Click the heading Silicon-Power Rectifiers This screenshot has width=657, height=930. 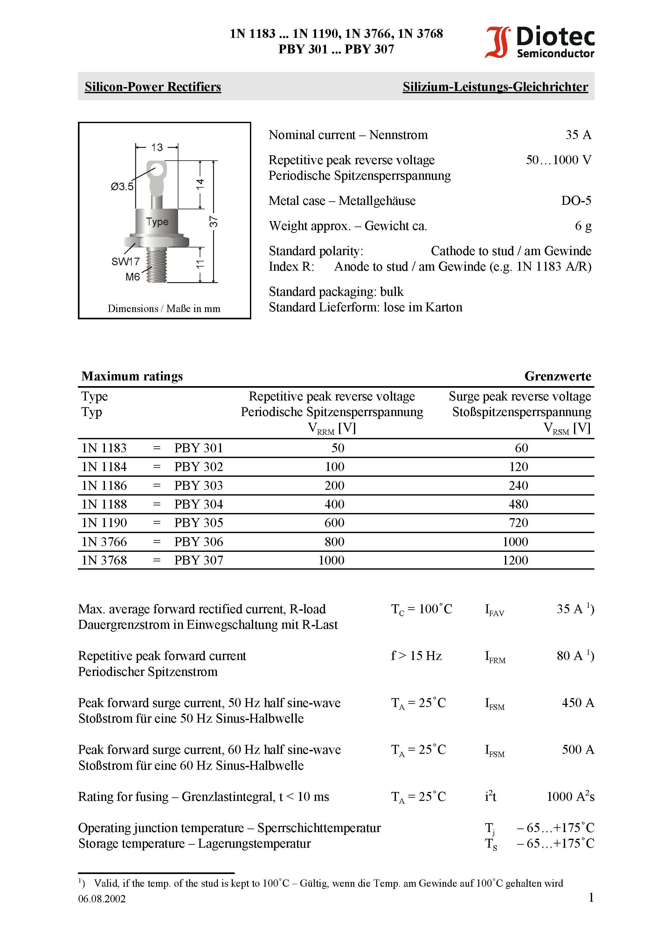pos(153,87)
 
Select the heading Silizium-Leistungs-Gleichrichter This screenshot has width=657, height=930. pos(495,87)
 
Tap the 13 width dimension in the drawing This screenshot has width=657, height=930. pos(157,148)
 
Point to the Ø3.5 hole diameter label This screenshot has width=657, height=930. pos(122,187)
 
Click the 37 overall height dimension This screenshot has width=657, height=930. pos(213,222)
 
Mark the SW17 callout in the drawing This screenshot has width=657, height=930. pos(126,262)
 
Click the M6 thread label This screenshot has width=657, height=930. pos(133,277)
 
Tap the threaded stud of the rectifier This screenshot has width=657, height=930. pos(157,265)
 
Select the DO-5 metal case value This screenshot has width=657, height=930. pos(576,200)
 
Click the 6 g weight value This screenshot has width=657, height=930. pos(583,226)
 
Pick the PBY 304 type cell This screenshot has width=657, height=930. pos(198,504)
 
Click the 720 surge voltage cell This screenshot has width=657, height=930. pos(518,523)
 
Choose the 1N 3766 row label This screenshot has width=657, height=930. pos(104,542)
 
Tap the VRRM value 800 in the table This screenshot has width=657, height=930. pos(334,542)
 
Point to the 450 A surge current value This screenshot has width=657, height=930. pos(577,703)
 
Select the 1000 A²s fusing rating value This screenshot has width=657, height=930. pos(570,797)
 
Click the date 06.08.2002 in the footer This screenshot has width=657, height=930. pos(102,899)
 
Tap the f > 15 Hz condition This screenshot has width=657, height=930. pos(416,656)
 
